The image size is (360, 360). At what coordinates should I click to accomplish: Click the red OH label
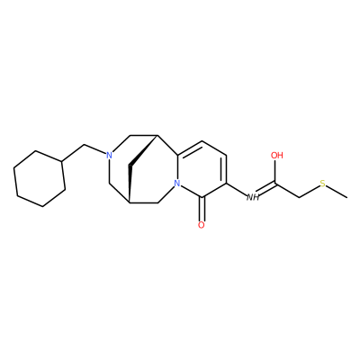(277, 156)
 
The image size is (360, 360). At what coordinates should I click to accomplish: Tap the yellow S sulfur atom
(323, 184)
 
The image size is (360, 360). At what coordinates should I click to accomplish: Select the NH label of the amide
(253, 197)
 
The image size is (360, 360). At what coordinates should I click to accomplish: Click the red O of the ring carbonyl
(202, 225)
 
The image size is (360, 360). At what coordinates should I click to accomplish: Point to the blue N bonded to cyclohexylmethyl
(109, 155)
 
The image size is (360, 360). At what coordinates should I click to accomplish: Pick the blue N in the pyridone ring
(177, 184)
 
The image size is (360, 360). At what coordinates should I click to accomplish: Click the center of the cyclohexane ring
(40, 178)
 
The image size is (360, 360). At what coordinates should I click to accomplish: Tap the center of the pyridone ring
(202, 169)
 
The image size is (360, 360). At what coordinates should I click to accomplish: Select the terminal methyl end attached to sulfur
(347, 197)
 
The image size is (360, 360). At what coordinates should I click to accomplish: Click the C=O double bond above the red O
(202, 209)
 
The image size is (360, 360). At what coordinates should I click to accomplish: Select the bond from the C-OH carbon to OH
(275, 172)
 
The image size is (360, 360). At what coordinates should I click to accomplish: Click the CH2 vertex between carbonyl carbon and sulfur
(299, 197)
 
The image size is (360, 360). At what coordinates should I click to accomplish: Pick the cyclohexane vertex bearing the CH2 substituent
(61, 162)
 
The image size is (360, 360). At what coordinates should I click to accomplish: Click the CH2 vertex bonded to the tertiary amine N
(84, 145)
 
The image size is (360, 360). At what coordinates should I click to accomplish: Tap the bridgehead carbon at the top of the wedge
(157, 136)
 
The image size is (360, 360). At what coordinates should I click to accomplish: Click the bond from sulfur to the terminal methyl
(337, 191)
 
